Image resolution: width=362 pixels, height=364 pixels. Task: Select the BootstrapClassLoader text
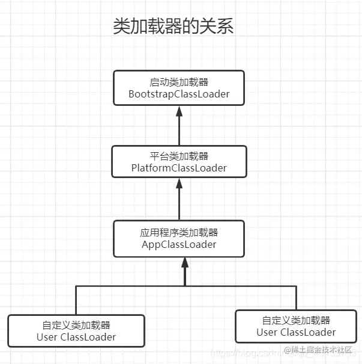tap(179, 94)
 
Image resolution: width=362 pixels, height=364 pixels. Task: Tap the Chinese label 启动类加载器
tap(179, 82)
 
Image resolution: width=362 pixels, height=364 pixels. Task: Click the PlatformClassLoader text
tap(179, 168)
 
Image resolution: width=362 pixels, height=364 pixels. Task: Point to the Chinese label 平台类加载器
tap(179, 156)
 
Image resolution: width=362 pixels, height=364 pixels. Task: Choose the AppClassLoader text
tap(179, 244)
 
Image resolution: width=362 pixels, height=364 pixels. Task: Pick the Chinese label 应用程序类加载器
tap(179, 232)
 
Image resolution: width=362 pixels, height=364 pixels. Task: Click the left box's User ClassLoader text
tap(76, 337)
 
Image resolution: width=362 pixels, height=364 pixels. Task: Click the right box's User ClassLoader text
tap(296, 332)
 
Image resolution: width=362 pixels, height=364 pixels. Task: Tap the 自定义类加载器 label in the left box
tap(76, 325)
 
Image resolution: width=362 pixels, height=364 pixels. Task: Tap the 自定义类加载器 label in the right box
tap(296, 321)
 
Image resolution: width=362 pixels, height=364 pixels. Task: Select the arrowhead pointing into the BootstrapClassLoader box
tap(179, 112)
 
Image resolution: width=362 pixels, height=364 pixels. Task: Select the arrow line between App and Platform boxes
tap(179, 205)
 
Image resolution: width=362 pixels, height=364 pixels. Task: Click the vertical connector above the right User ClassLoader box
tap(296, 297)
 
